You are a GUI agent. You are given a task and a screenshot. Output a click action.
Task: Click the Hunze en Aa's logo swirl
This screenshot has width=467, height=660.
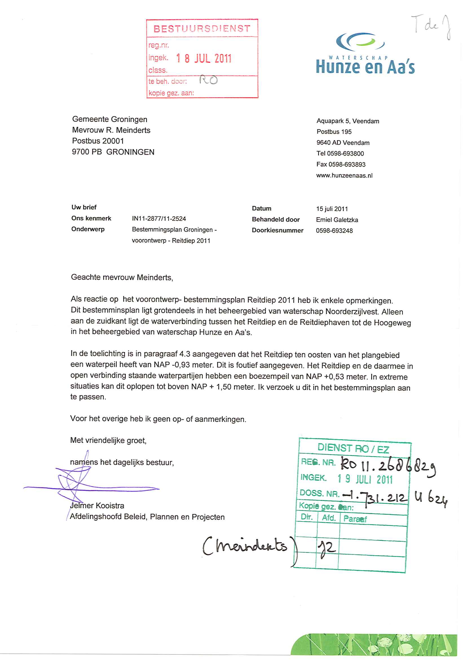pyautogui.click(x=360, y=41)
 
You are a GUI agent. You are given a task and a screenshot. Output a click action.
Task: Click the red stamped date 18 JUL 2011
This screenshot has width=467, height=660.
pyautogui.click(x=204, y=58)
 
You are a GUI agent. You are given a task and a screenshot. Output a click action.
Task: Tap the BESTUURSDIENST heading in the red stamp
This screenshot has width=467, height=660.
pyautogui.click(x=202, y=28)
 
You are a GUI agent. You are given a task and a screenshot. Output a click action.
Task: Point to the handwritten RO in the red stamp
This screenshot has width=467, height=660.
pyautogui.click(x=208, y=80)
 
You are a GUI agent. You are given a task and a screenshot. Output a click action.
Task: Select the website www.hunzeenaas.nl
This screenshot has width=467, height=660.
pyautogui.click(x=344, y=176)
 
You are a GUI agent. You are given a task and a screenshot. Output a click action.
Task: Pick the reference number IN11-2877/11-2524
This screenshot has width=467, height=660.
pyautogui.click(x=159, y=219)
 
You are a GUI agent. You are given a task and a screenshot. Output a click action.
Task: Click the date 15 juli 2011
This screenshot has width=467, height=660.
pyautogui.click(x=332, y=209)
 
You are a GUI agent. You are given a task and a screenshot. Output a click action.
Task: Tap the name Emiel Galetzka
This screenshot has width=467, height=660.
pyautogui.click(x=337, y=220)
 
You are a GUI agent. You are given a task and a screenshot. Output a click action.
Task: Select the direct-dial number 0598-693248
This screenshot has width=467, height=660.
pyautogui.click(x=334, y=231)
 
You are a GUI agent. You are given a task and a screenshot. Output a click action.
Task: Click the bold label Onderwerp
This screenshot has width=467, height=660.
pyautogui.click(x=88, y=229)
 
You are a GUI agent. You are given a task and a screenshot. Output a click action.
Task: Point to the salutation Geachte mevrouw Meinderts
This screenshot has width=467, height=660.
pyautogui.click(x=122, y=277)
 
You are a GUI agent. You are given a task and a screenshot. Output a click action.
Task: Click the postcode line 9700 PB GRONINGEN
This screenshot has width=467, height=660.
pyautogui.click(x=113, y=152)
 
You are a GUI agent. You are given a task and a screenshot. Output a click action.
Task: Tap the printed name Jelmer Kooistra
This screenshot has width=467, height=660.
pyautogui.click(x=97, y=505)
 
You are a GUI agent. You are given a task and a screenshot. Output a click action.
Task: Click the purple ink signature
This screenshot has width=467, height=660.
pyautogui.click(x=78, y=485)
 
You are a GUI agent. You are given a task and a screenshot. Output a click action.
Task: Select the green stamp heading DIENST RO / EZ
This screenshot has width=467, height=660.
pyautogui.click(x=353, y=449)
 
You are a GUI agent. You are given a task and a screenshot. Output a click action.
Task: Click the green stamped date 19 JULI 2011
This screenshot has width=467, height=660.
pyautogui.click(x=365, y=479)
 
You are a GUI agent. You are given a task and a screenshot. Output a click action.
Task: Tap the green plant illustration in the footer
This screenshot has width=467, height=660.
pyautogui.click(x=374, y=644)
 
